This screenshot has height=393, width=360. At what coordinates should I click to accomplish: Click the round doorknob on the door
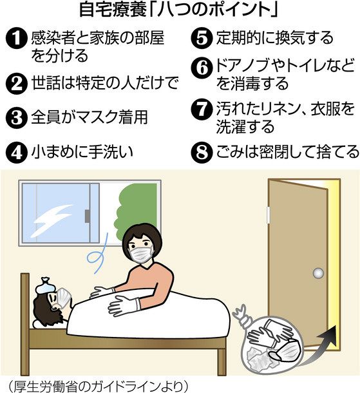coord(318,273)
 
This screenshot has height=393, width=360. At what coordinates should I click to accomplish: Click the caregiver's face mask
coord(141,254)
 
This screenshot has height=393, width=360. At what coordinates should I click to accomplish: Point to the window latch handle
coord(87,216)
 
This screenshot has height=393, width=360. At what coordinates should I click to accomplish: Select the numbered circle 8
coord(202,153)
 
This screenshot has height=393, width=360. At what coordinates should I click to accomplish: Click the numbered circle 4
coord(17,153)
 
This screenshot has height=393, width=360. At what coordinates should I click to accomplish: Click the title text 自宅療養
coord(113,10)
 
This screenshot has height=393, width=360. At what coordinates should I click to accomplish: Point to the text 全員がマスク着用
coord(90,117)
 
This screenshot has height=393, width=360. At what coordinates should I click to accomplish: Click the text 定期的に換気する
coord(275,37)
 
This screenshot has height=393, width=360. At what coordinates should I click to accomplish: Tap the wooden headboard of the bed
coord(25,323)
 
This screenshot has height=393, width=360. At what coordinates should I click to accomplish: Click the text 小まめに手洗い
coord(82,152)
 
